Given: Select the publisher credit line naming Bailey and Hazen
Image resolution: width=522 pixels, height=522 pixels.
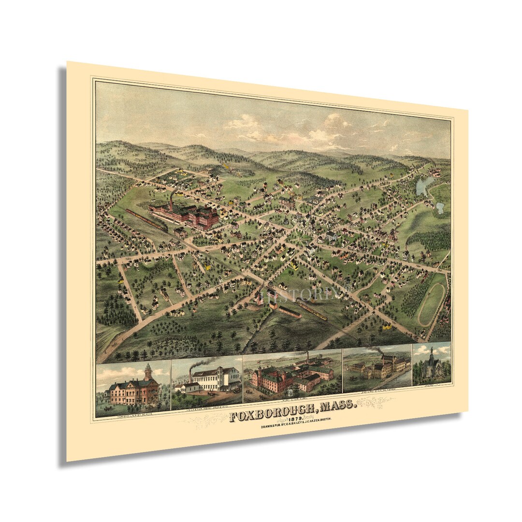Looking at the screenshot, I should pos(287,426).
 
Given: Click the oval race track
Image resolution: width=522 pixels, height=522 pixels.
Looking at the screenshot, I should pos(432,304).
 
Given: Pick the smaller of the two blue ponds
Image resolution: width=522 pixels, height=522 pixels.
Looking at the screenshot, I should pos(440,208).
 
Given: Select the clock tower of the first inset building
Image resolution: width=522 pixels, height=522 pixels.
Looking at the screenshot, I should pos(147,371).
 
